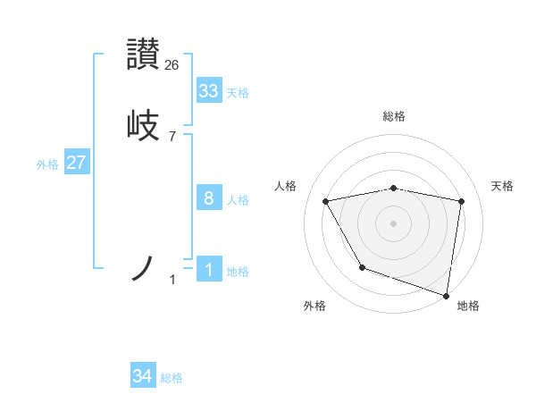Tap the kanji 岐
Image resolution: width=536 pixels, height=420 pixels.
point(144,124)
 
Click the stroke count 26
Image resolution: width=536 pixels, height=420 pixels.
point(172,64)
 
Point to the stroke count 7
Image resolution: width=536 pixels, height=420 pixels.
point(172,137)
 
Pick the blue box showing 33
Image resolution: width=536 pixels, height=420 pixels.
point(209,91)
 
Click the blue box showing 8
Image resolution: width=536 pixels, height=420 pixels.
point(209,198)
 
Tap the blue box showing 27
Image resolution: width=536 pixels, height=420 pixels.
point(77,163)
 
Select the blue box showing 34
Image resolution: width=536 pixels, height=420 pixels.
point(143,377)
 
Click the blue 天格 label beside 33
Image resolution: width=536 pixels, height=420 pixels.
point(238,93)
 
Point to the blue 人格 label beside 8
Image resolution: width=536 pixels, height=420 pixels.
point(238,200)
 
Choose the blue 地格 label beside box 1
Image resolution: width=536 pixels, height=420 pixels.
point(238,272)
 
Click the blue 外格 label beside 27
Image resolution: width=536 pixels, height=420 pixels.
point(46,164)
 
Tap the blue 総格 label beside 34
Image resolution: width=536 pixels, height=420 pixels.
point(172,379)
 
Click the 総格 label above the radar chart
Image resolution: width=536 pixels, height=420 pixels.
point(394,116)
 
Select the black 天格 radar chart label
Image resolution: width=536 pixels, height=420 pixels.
point(503,186)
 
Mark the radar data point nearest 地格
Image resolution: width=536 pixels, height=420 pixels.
point(447,295)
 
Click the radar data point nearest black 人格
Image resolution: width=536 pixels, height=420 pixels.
point(326,201)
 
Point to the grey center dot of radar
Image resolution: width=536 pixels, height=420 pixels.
point(394,223)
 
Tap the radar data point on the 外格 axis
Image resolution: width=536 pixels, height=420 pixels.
point(362,267)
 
